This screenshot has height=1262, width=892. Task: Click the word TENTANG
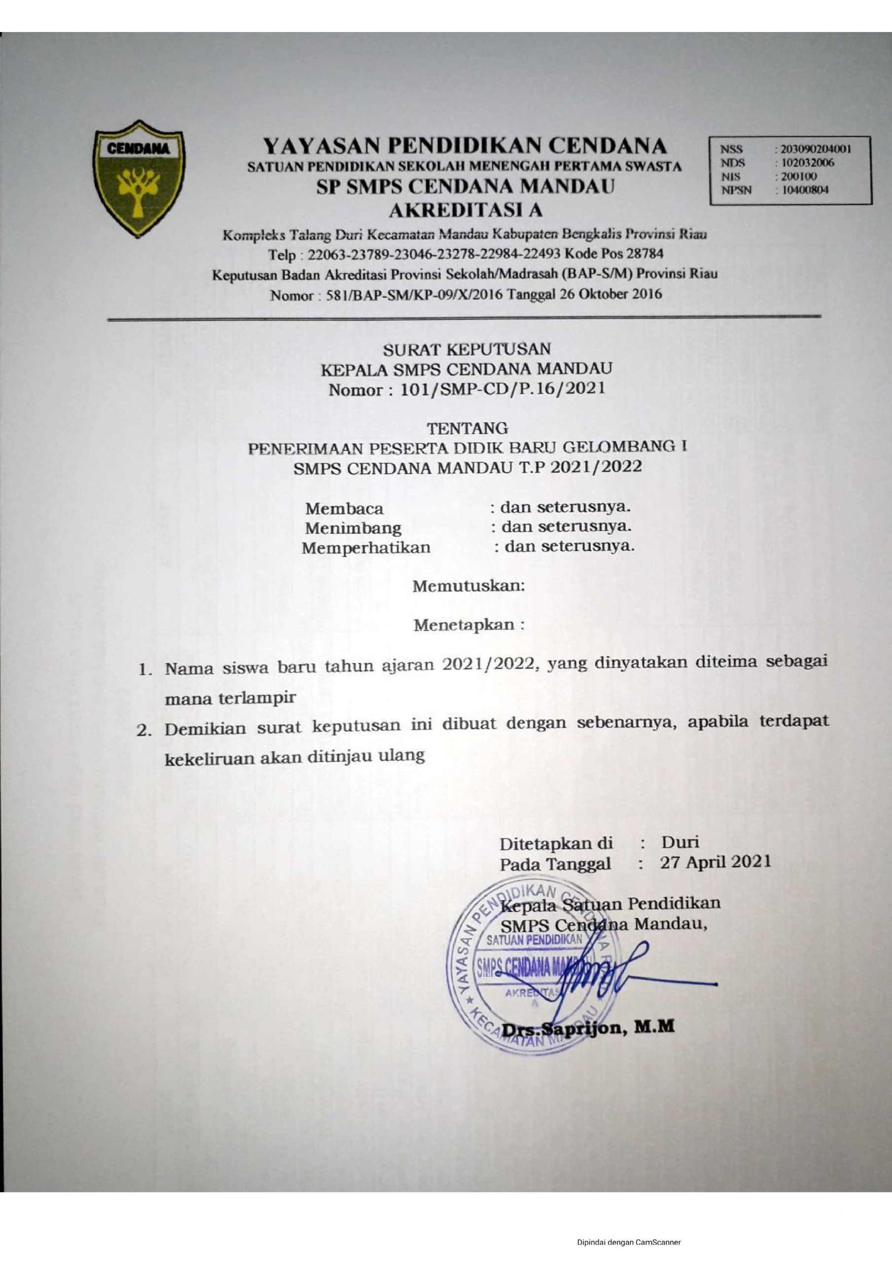point(467,427)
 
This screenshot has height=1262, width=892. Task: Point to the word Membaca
point(344,508)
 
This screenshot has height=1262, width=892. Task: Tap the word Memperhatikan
point(366,548)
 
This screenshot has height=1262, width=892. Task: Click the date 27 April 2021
point(715,862)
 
